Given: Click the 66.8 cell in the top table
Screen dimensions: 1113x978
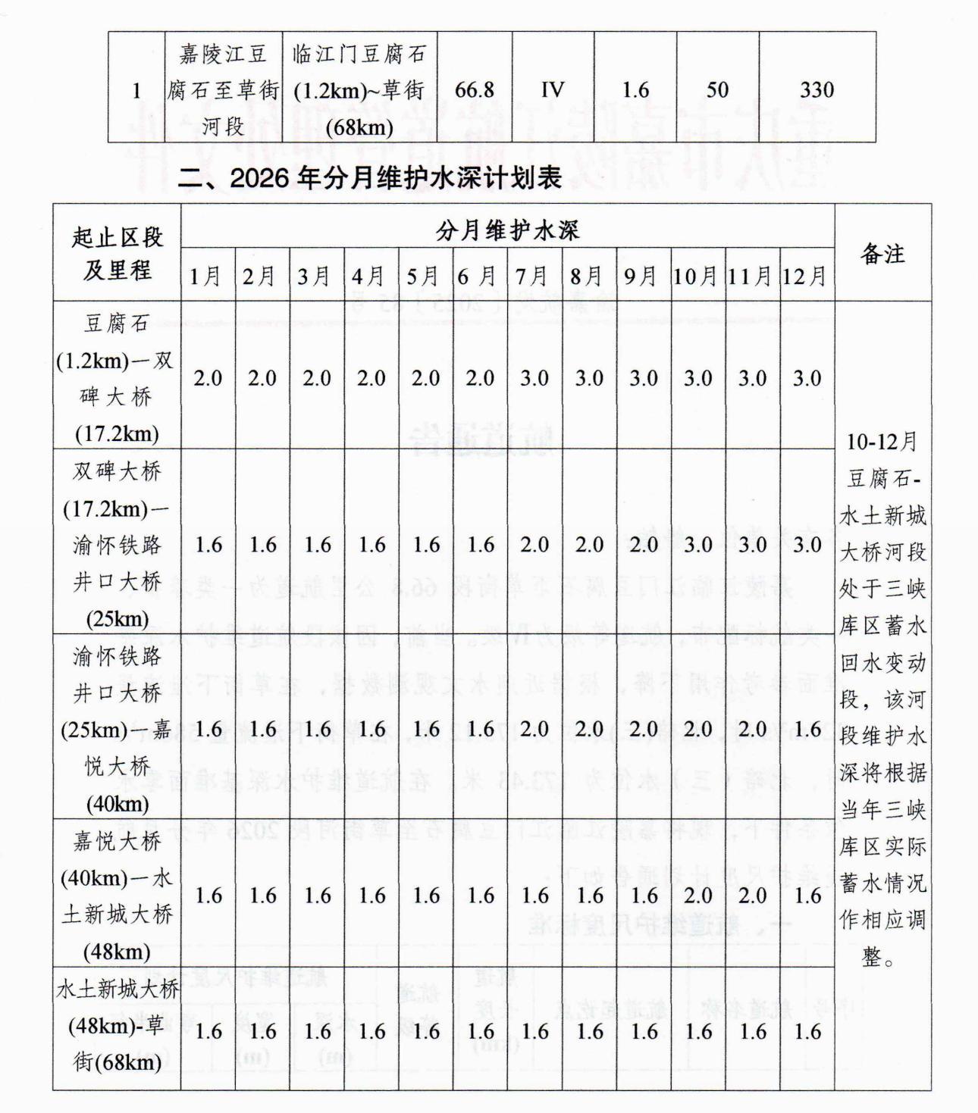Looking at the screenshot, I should [475, 90].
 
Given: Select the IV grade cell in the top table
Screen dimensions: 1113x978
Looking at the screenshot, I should [553, 90].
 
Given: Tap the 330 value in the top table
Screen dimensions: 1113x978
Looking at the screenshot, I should [817, 90].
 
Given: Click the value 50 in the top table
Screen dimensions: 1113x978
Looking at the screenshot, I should [717, 90].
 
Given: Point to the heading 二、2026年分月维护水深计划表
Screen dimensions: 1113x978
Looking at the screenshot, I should [370, 178].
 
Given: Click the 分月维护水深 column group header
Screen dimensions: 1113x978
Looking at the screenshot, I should [507, 230].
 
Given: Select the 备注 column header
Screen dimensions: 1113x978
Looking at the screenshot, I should [882, 254].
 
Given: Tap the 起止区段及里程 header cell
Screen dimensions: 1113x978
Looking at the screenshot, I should [118, 254].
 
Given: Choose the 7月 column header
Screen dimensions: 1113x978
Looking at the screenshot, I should [534, 277].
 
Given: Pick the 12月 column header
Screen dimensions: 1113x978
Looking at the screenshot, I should [807, 277].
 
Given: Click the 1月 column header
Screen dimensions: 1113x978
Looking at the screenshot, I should [207, 277].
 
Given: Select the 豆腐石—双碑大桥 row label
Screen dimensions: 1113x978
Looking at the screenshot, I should [117, 378].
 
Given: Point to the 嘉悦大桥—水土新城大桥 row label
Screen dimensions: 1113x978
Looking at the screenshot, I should [117, 896].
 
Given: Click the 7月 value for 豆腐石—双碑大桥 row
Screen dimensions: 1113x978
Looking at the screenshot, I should [534, 378].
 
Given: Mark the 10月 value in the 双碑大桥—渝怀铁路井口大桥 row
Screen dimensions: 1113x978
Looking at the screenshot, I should [697, 545].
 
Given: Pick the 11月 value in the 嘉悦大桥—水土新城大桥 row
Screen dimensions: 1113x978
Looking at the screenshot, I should [752, 896].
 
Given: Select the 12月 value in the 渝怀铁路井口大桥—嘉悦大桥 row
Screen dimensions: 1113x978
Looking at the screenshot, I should [807, 729].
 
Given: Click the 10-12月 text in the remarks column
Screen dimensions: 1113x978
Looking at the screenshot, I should [882, 441].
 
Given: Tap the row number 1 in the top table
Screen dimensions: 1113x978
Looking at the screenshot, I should [136, 91].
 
